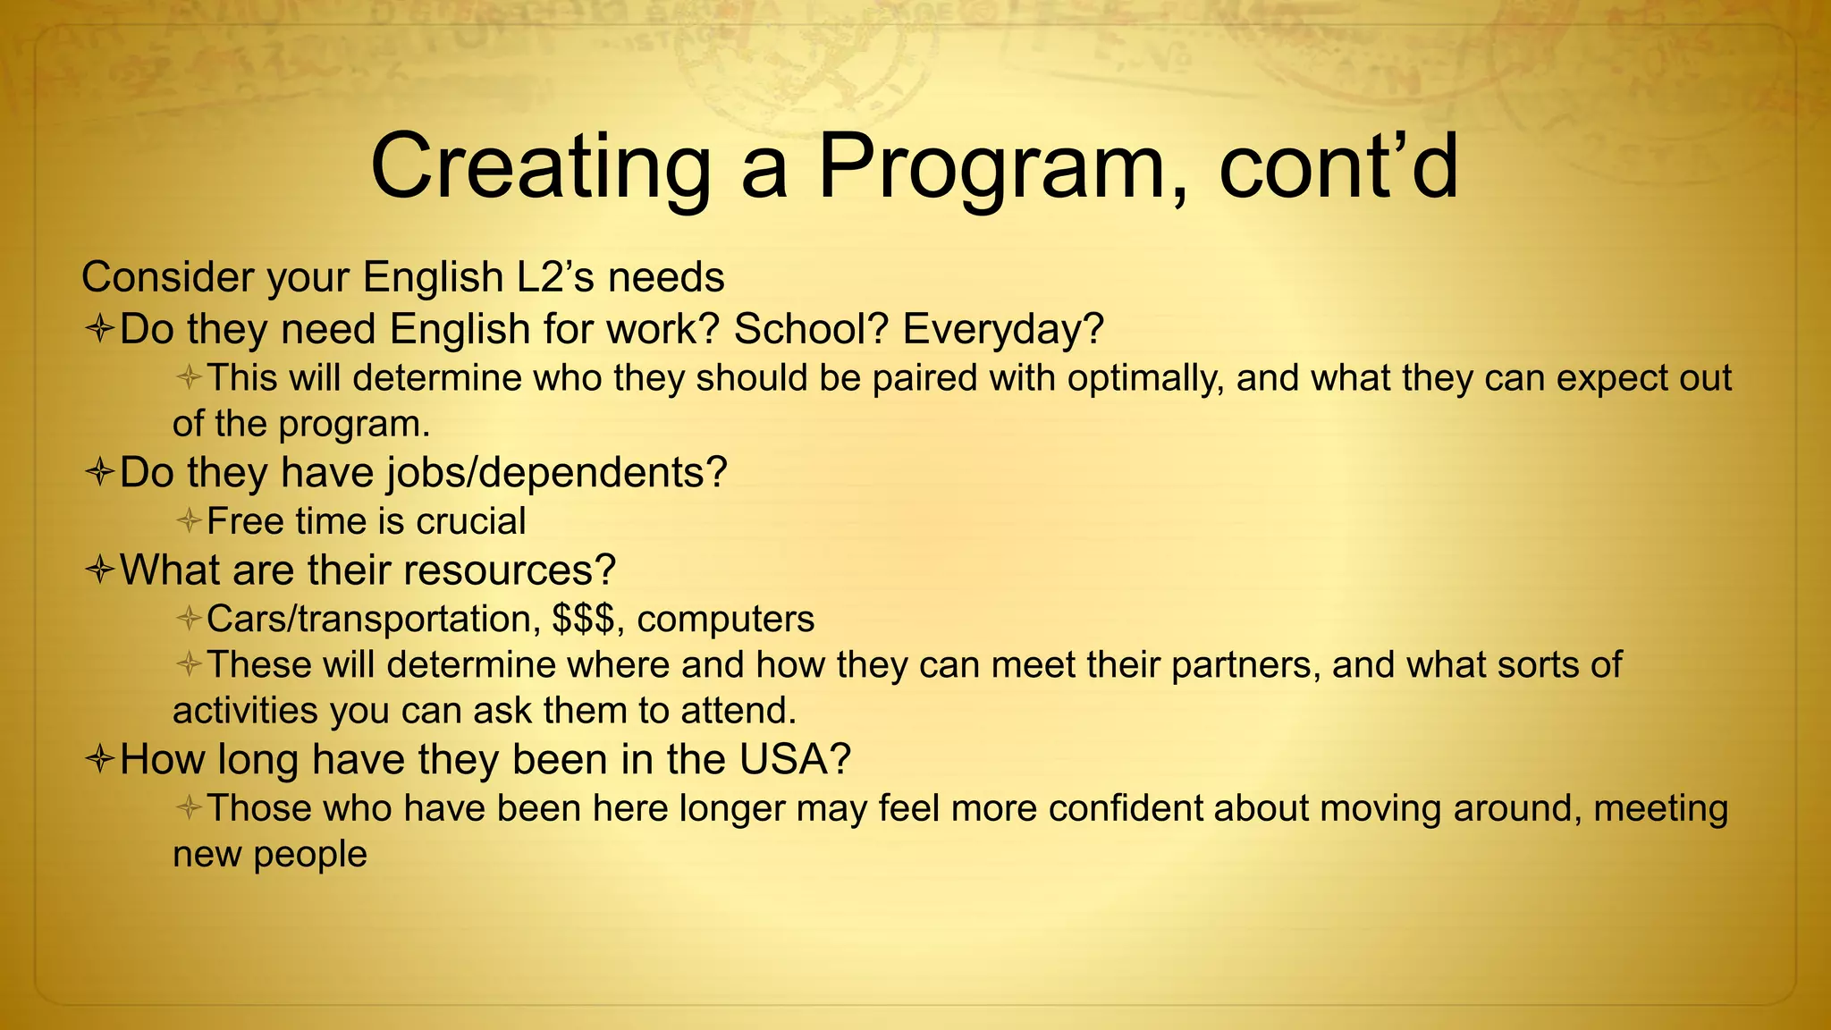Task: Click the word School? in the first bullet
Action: [x=812, y=329]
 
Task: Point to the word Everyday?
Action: [x=1003, y=329]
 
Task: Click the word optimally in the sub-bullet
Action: [x=1143, y=379]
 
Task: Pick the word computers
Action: [x=726, y=619]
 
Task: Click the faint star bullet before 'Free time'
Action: [x=189, y=520]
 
